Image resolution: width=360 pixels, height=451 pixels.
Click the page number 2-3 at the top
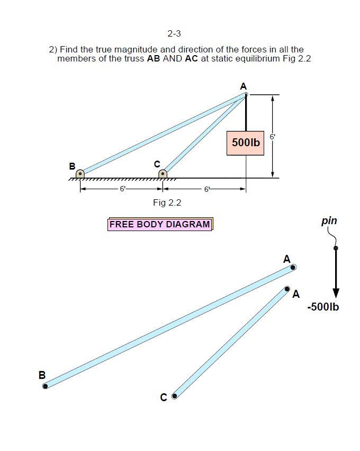tap(174, 34)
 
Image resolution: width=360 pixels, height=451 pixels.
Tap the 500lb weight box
tap(245, 143)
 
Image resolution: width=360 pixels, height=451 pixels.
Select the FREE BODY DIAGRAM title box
tap(159, 224)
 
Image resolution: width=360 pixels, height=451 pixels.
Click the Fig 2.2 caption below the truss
tap(167, 202)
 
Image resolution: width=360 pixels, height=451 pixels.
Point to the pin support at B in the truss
tap(80, 173)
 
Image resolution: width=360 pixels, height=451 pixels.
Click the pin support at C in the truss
tap(163, 173)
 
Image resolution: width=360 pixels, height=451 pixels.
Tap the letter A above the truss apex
tap(243, 86)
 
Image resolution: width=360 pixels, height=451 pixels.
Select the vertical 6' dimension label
tap(272, 137)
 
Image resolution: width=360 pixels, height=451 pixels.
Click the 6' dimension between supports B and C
tap(122, 189)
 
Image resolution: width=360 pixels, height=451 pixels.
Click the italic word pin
tap(329, 220)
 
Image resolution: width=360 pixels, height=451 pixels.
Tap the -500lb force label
tap(323, 307)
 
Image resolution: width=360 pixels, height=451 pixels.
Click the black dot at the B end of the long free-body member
tap(46, 386)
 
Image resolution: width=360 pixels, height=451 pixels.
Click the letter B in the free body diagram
tap(42, 375)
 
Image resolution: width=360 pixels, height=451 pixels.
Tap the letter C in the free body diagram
tap(163, 397)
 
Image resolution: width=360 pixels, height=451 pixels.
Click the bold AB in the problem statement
tap(153, 58)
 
